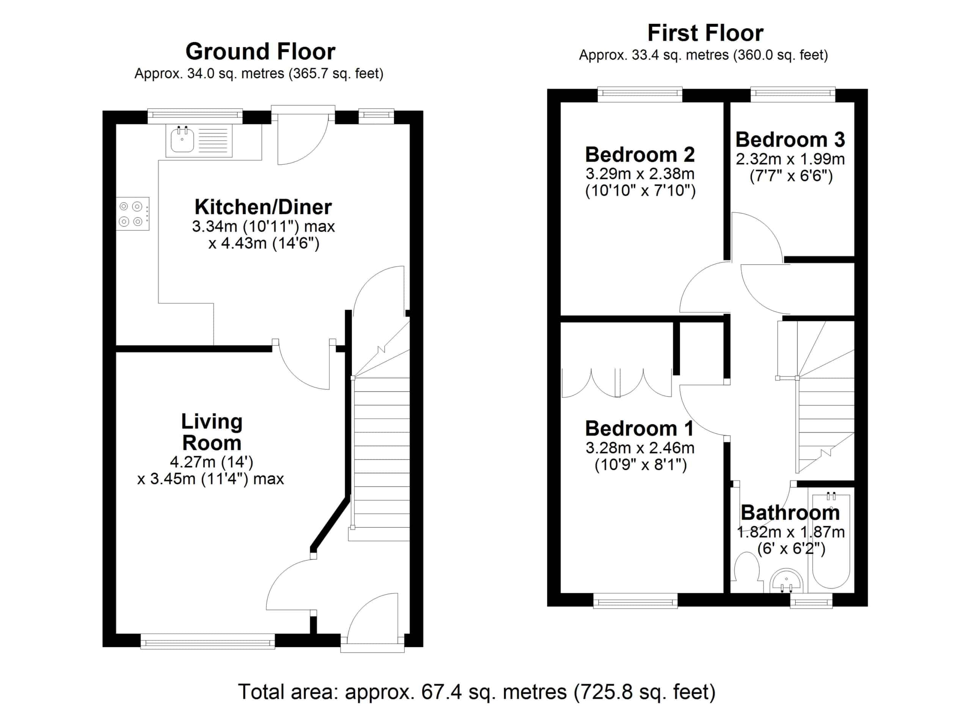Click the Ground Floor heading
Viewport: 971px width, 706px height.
[260, 52]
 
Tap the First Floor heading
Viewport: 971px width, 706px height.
[705, 33]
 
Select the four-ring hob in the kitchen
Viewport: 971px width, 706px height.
[132, 214]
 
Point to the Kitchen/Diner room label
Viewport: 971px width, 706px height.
[263, 207]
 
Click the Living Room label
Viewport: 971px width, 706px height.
[212, 432]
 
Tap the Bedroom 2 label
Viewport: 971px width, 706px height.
[640, 154]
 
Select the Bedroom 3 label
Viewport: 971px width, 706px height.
[790, 140]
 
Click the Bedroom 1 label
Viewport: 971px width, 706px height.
[639, 428]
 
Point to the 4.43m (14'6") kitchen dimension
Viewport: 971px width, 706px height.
[264, 244]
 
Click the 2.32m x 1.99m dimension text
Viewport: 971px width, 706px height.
[790, 160]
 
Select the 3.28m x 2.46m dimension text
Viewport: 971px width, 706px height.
[640, 449]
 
